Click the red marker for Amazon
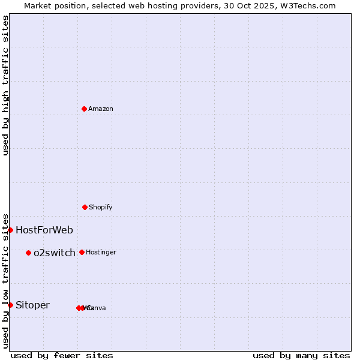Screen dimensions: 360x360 coord(84,109)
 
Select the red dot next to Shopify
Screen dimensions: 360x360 coord(85,207)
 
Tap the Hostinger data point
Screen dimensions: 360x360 coord(82,252)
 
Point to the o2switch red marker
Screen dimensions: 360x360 coord(28,253)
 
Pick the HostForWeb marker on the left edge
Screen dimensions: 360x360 coord(10,230)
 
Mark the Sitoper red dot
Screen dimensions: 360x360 coord(10,305)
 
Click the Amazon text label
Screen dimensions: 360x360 coord(100,109)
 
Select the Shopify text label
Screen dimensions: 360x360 coord(100,207)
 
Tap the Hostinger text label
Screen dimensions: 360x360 coord(101,252)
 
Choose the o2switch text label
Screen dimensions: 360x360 coord(54,253)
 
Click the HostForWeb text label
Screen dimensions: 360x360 coord(44,230)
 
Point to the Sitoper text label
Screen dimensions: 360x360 coord(32,305)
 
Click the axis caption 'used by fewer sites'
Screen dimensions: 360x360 coord(62,355)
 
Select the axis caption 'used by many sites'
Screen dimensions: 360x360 coord(301,355)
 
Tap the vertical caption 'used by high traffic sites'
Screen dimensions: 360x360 coord(5,85)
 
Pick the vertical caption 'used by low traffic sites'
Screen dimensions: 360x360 coord(5,280)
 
